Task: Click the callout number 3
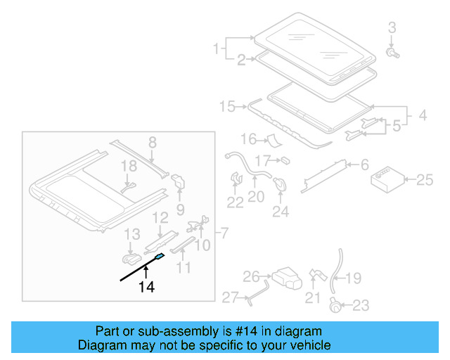tap(392, 27)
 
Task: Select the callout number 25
tap(424, 180)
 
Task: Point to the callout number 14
tap(146, 286)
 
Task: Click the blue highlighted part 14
tap(160, 257)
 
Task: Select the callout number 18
tap(128, 167)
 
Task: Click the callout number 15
tap(227, 107)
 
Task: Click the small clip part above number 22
tap(236, 180)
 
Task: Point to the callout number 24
tap(280, 210)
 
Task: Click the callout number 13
tap(132, 233)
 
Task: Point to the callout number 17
tap(262, 160)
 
